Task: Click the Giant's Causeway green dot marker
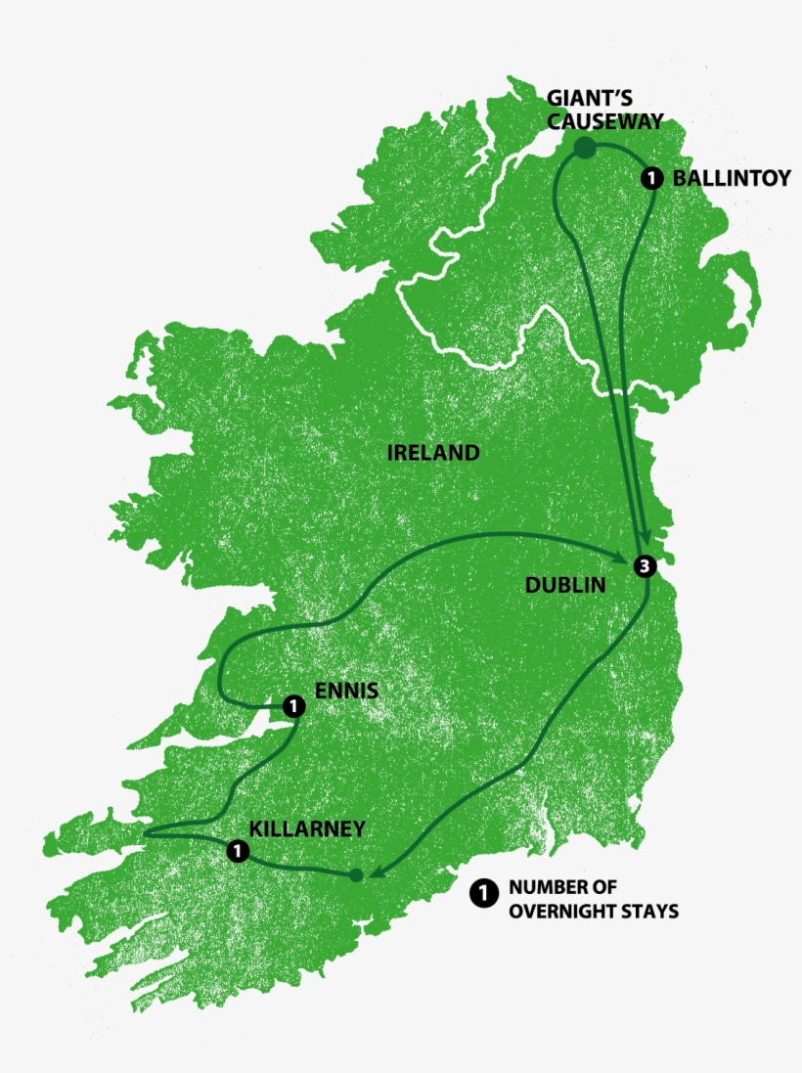(x=584, y=149)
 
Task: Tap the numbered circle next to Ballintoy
(x=652, y=178)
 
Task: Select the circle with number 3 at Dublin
(x=643, y=565)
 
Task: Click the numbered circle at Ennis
(x=291, y=705)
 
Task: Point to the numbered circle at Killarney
(x=236, y=851)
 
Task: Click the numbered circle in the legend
(x=483, y=892)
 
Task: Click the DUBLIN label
(x=566, y=585)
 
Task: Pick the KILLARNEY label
(x=307, y=828)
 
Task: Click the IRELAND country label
(x=433, y=453)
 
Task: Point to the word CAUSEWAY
(x=605, y=121)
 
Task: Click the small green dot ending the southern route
(x=356, y=874)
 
